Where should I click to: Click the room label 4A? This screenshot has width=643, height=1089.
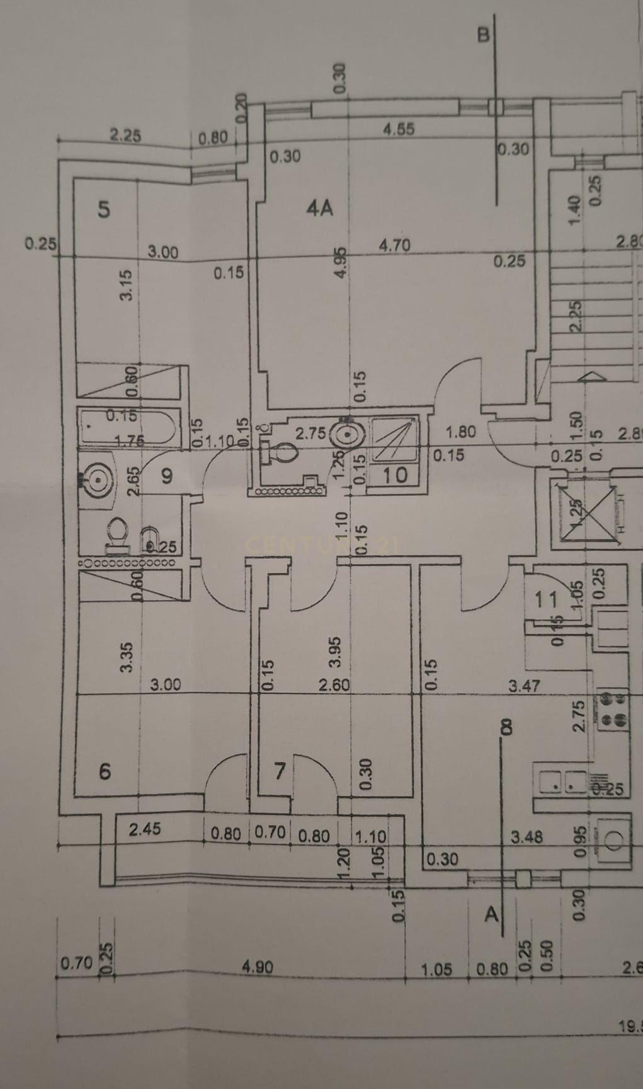[319, 207]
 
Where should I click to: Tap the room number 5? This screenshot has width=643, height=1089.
[105, 209]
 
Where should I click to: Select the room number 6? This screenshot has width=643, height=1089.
[105, 771]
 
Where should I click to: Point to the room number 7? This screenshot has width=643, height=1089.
[280, 770]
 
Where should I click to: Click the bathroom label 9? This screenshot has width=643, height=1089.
[166, 475]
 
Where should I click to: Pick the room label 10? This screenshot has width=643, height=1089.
[395, 475]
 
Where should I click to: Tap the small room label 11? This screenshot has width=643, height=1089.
[545, 599]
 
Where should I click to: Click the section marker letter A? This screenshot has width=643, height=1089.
[492, 914]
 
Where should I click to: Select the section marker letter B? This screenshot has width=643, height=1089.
[483, 34]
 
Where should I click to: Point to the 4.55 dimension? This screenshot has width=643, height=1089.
[399, 129]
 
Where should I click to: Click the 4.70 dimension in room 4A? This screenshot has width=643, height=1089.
[395, 245]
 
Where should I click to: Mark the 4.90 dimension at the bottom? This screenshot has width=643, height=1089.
[257, 966]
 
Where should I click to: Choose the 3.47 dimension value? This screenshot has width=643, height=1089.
[524, 685]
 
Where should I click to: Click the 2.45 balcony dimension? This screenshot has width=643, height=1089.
[145, 829]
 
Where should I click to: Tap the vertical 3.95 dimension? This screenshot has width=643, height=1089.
[335, 652]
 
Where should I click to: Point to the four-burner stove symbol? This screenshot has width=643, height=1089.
[613, 708]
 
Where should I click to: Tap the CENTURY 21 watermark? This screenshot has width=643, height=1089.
[321, 544]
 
